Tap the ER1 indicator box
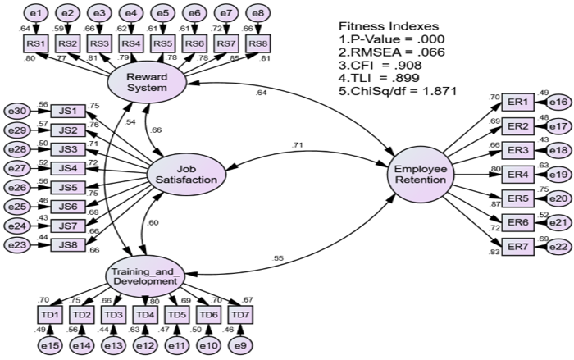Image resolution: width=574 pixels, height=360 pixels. (517, 102)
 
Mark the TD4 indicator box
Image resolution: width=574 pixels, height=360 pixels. (145, 314)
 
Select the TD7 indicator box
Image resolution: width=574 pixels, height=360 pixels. (240, 314)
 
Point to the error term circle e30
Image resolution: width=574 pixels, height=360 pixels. (16, 112)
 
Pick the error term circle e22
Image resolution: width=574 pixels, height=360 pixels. (557, 246)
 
